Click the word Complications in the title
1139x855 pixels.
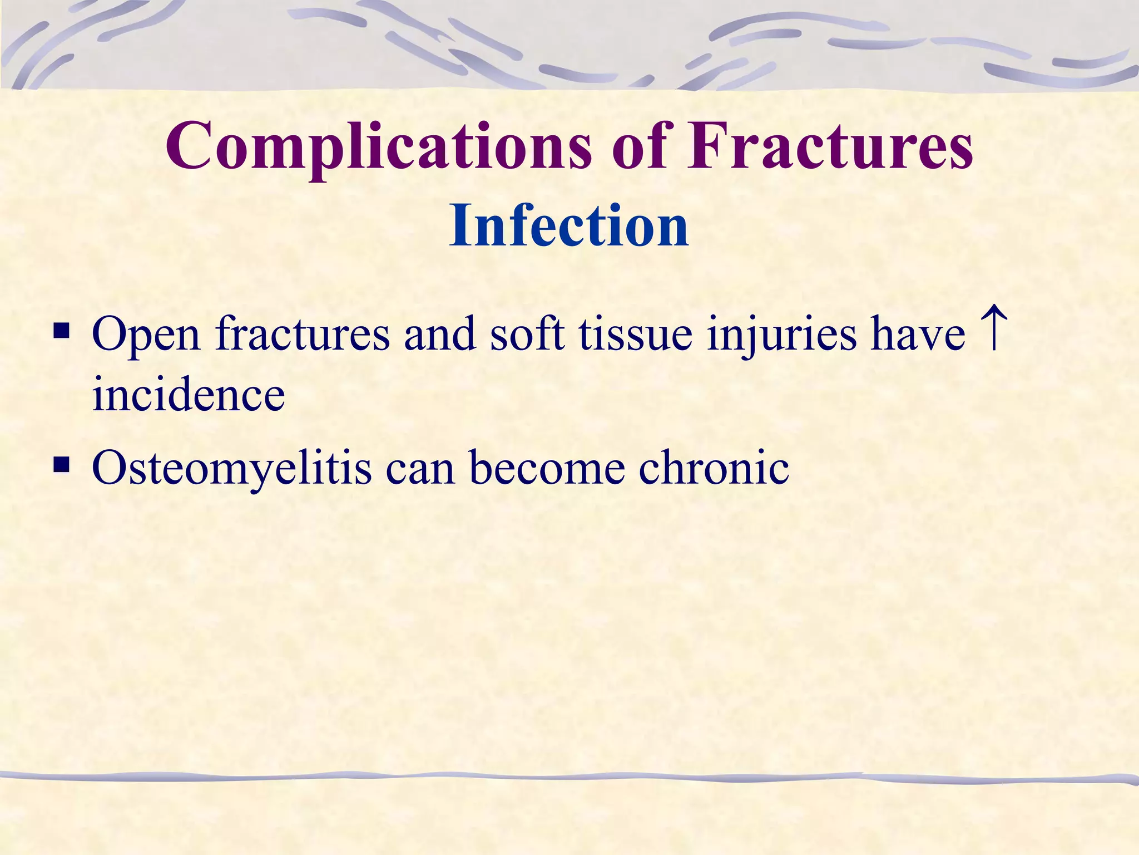pyautogui.click(x=378, y=146)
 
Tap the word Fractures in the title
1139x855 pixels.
pyautogui.click(x=829, y=146)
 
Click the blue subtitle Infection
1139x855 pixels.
pyautogui.click(x=569, y=225)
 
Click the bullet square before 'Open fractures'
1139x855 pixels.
pyautogui.click(x=61, y=332)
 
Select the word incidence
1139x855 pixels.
pyautogui.click(x=189, y=394)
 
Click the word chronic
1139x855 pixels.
pyautogui.click(x=714, y=468)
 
